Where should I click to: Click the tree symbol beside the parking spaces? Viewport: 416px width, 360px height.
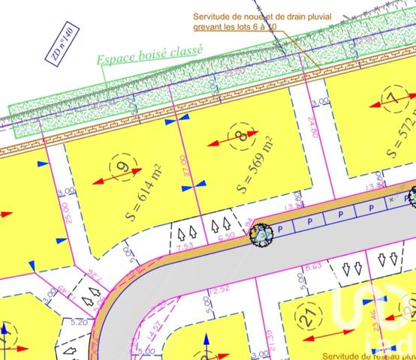[x=259, y=233]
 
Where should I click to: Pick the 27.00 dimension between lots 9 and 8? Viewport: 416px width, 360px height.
[x=185, y=165]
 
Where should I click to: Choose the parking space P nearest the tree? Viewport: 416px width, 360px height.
[x=281, y=225]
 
